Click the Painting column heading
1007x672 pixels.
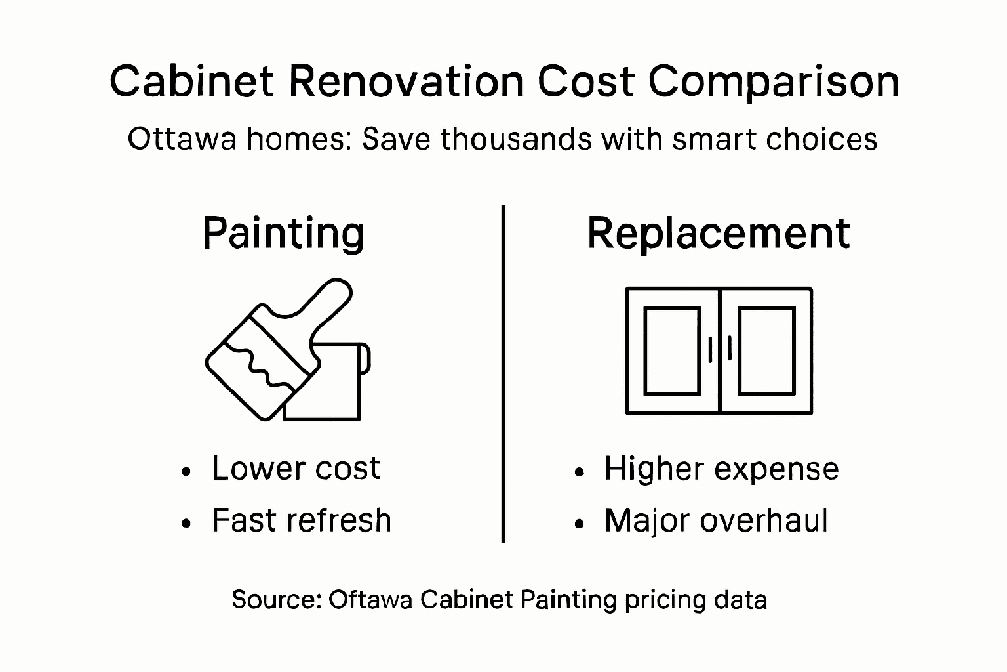283,234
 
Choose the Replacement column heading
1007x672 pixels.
718,234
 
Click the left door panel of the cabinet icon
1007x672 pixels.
671,350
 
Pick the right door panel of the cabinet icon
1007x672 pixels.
766,350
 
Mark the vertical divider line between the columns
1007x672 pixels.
503,374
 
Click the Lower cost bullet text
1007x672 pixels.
296,469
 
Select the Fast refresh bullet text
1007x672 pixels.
302,520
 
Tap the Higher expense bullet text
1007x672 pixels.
721,469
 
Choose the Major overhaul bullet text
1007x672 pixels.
716,520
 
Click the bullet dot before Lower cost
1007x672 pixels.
188,471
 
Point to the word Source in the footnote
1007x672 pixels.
275,599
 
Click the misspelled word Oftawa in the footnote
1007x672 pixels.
370,599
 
